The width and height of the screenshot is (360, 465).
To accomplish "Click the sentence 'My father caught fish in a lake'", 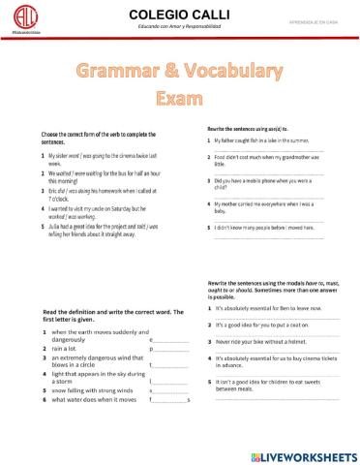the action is [x=261, y=141].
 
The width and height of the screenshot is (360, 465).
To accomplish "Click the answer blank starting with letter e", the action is [x=170, y=341].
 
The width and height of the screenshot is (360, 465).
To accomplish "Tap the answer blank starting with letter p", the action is [x=170, y=351].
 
